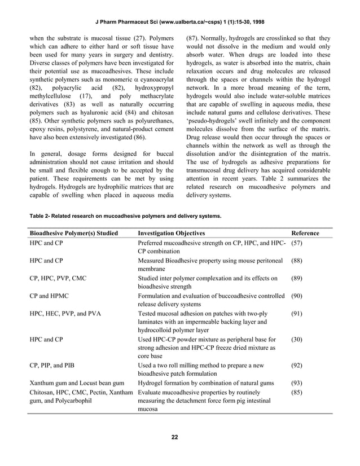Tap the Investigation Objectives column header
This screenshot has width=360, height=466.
click(172, 233)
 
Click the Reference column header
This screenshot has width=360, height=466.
click(305, 233)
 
